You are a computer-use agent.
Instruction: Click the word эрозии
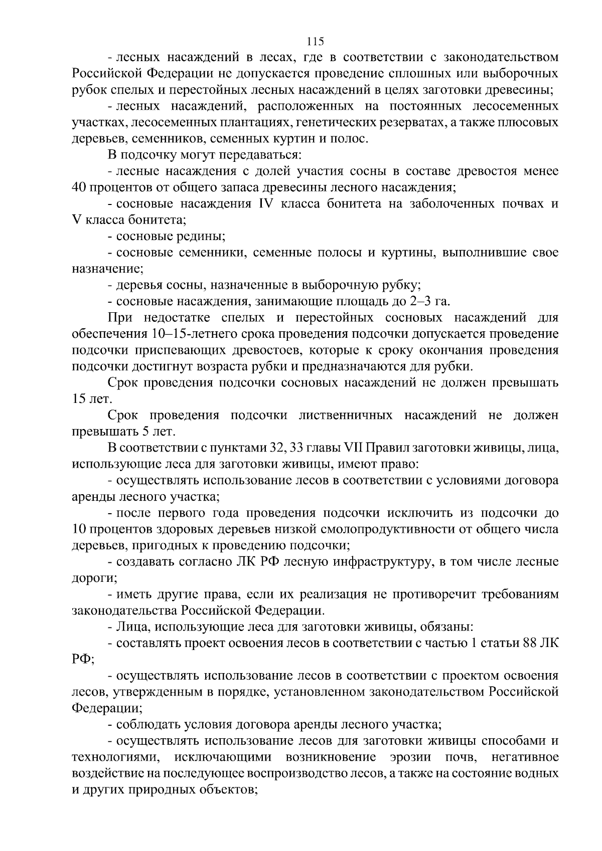410,757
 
